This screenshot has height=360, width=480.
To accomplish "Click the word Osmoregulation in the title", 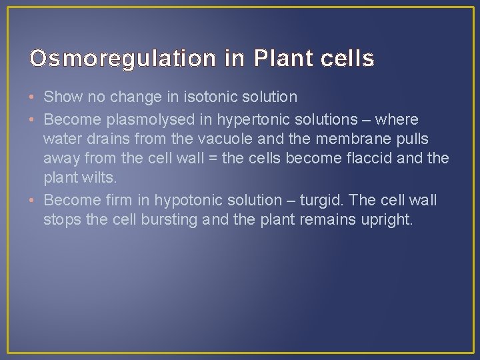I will [x=123, y=59].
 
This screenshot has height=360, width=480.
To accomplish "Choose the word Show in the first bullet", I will [x=64, y=97].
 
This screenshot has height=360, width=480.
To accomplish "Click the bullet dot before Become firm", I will [x=33, y=200].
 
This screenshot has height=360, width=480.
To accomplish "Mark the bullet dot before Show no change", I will [x=33, y=97].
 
